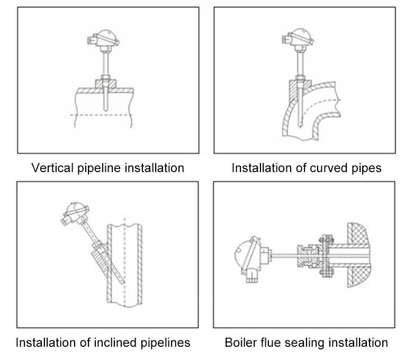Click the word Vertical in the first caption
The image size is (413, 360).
click(50, 168)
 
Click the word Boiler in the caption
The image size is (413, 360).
click(240, 343)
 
